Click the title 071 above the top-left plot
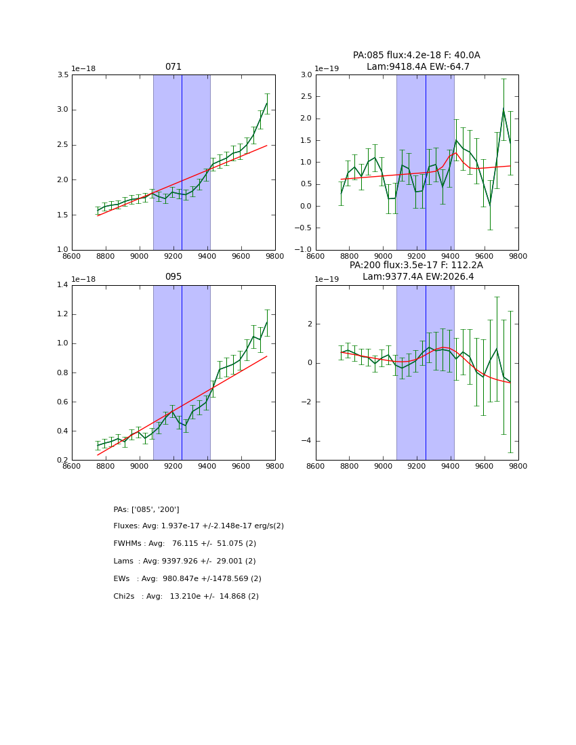pos(173,67)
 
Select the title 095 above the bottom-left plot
pos(173,277)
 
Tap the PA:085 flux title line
pos(416,56)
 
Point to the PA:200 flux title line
pos(416,265)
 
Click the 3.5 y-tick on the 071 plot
pos(62,74)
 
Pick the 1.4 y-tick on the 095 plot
pos(62,285)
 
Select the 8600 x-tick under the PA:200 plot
pos(316,466)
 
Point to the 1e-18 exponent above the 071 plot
pos(83,68)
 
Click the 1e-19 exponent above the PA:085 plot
pos(327,68)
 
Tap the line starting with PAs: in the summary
pos(146,509)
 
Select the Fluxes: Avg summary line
pos(199,526)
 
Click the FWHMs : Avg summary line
pos(185,544)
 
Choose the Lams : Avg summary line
pos(185,561)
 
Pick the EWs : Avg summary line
pos(188,579)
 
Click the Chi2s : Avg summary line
pos(186,597)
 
